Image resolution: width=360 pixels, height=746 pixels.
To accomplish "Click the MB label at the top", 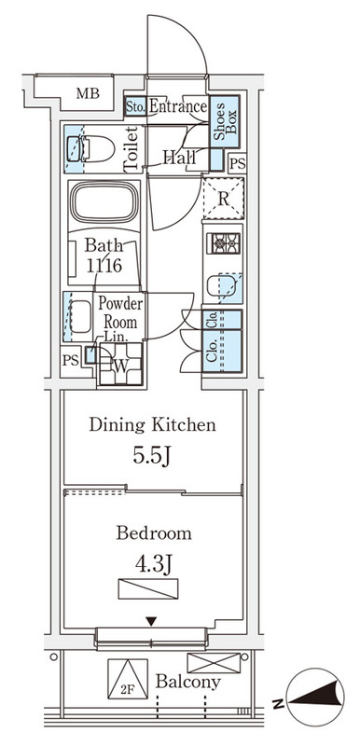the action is tap(88, 93).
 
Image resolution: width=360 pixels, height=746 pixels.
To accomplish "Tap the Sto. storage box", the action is tap(135, 106).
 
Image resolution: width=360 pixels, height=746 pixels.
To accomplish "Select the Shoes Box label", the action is tap(225, 121).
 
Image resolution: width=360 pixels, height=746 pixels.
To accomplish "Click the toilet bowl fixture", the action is tap(91, 149).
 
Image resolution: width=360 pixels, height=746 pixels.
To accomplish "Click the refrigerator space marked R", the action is tap(224, 199).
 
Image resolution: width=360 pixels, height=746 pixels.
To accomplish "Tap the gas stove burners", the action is tap(224, 243).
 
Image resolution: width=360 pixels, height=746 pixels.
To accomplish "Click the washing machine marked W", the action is tap(120, 365).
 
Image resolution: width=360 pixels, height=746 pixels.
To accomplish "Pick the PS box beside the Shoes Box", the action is tap(237, 164).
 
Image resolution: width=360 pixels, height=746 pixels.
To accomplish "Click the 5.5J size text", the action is tap(151, 456).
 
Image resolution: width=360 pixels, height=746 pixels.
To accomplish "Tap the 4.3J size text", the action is tap(153, 565).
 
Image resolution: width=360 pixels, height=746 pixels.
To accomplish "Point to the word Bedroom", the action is tap(154, 532).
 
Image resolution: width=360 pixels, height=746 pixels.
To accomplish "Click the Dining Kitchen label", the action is tap(152, 424).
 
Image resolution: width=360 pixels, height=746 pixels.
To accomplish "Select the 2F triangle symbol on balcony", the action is tap(128, 679).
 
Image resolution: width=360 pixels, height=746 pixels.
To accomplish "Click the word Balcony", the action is tap(188, 683).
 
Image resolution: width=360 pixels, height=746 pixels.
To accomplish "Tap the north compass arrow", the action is tap(316, 697).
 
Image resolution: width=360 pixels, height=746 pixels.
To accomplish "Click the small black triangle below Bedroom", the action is tap(151, 621).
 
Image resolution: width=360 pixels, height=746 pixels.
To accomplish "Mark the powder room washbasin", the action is tap(81, 316).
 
